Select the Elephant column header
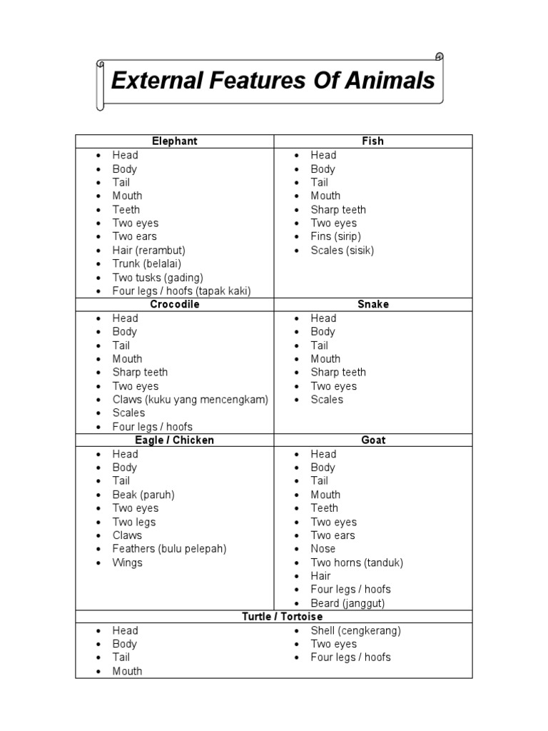click(175, 141)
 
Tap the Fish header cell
click(372, 141)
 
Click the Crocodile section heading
click(175, 304)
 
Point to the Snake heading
click(372, 304)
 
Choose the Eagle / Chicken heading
click(175, 440)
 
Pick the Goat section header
click(372, 440)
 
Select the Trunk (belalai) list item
click(147, 263)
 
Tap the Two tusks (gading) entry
click(158, 277)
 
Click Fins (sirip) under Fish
click(335, 236)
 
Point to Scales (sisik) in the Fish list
click(342, 250)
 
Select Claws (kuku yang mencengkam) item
click(190, 400)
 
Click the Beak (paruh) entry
click(143, 495)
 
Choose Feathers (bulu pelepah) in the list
click(169, 549)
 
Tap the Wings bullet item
click(127, 563)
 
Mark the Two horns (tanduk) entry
click(357, 563)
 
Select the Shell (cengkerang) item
click(355, 630)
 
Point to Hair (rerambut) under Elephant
click(148, 250)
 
